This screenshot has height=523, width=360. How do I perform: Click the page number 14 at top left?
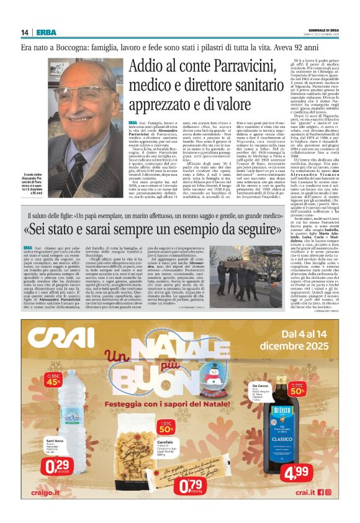point(24,32)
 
